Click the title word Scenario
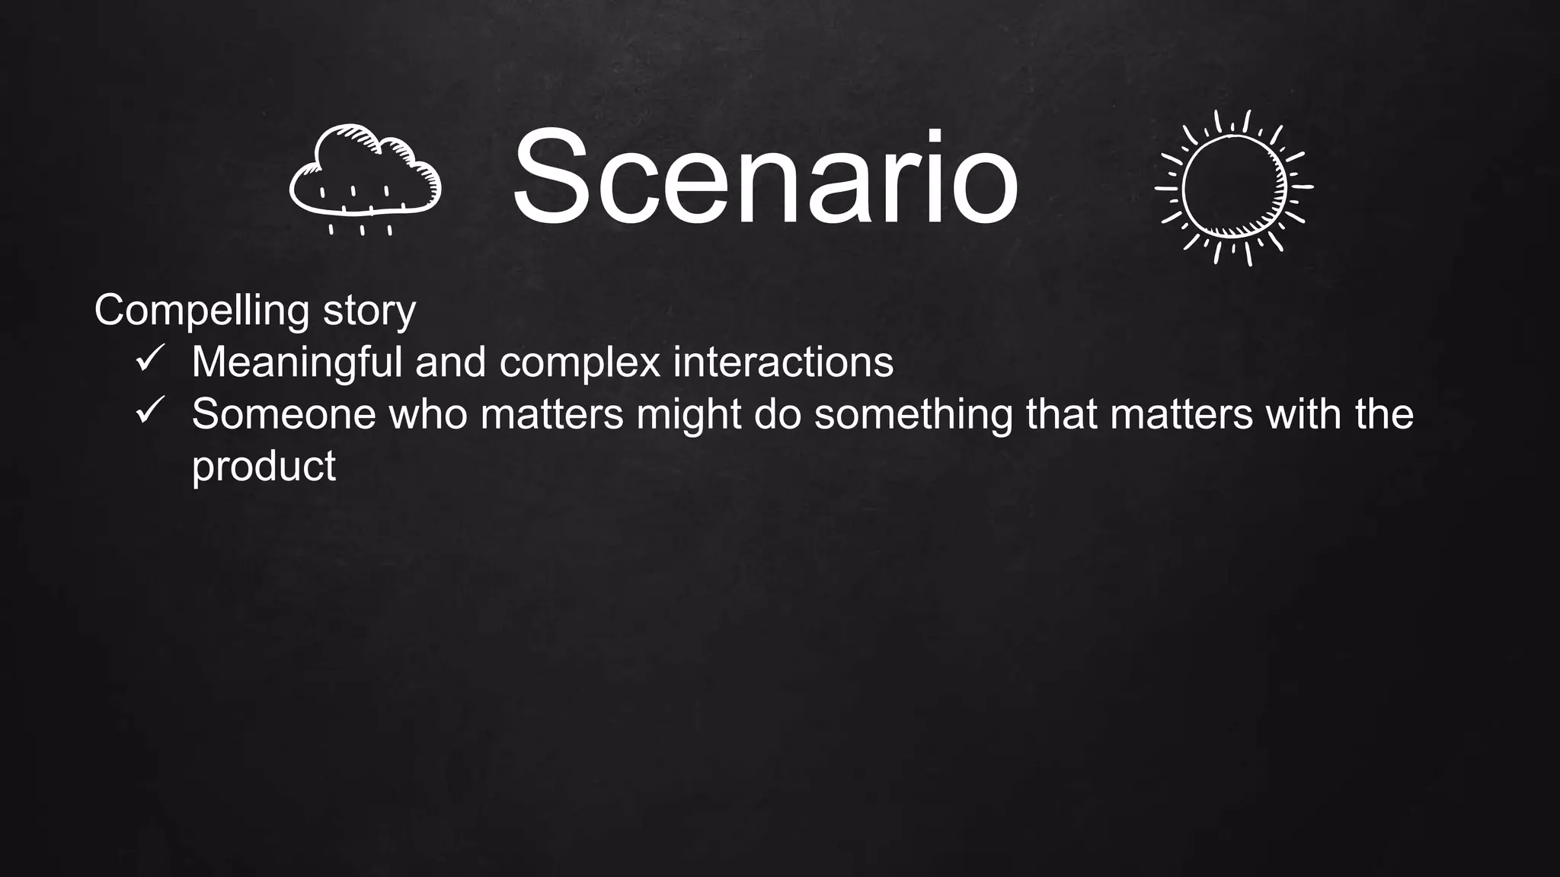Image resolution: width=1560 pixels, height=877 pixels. [x=765, y=180]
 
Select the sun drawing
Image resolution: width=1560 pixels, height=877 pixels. [x=1234, y=187]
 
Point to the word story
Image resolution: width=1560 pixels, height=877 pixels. [x=369, y=311]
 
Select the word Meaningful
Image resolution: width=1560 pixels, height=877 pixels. [x=296, y=362]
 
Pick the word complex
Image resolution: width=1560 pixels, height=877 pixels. [x=580, y=362]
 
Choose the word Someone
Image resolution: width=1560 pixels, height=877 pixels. [x=283, y=414]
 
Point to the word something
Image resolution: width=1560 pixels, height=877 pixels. [x=913, y=414]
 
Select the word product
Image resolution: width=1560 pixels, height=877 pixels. [x=264, y=466]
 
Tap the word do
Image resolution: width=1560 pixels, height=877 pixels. [x=778, y=414]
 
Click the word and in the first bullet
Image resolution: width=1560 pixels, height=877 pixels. [x=450, y=362]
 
